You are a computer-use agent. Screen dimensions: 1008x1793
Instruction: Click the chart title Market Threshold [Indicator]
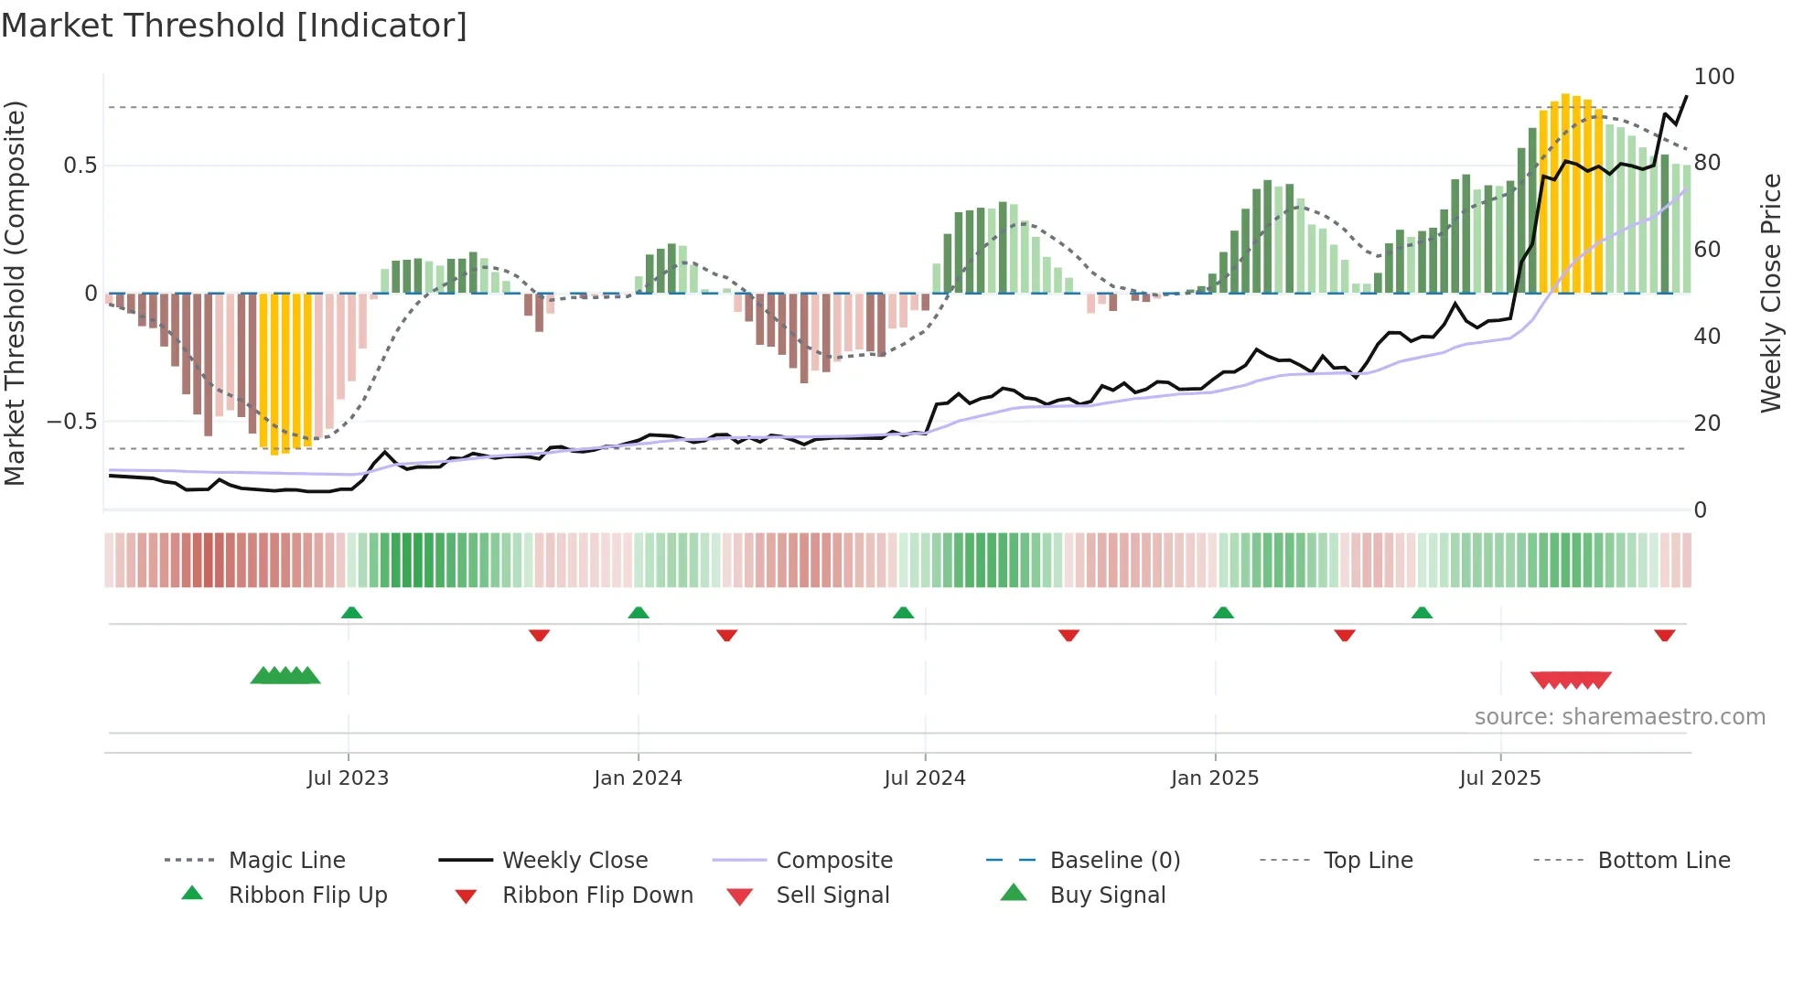(234, 26)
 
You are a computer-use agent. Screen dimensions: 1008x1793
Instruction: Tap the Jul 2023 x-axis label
(348, 777)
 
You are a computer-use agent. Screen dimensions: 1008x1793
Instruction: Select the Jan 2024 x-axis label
(638, 777)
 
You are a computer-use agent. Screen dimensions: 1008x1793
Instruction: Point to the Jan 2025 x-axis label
(1215, 777)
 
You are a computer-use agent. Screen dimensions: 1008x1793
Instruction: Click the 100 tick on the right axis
(1713, 77)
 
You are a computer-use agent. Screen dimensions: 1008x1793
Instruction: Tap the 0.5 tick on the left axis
(80, 166)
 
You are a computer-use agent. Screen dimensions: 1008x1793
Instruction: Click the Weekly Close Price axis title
(1771, 293)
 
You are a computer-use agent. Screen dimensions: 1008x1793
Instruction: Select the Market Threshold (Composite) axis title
(15, 293)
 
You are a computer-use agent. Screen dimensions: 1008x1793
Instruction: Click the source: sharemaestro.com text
(1619, 717)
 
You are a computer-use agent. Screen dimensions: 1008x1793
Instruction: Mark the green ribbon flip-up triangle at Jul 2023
(351, 613)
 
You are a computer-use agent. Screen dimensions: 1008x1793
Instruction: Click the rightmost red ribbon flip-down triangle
(1664, 635)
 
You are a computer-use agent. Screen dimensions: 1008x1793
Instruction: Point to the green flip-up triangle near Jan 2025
(1223, 613)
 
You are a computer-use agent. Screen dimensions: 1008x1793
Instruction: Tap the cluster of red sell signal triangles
(1570, 680)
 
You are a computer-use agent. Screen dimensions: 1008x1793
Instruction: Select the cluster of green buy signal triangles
(285, 676)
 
